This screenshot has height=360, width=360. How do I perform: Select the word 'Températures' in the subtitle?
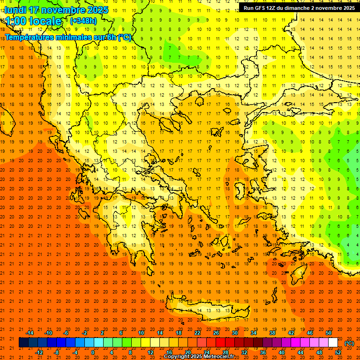29,37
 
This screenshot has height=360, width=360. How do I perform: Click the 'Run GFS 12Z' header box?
299,7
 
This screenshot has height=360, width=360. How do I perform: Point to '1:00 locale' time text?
34,21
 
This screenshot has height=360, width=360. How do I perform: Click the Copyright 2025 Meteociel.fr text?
199,357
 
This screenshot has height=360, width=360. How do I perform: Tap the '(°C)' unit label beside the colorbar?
349,343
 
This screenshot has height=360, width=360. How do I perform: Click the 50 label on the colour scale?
329,333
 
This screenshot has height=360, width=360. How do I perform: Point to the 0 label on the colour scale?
93,352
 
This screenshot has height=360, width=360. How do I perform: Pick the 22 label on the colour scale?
197,333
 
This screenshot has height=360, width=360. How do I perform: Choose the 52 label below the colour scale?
338,352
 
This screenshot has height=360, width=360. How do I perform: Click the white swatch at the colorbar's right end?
333,343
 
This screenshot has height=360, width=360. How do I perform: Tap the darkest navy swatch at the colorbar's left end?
23,343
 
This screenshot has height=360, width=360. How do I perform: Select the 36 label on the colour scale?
263,352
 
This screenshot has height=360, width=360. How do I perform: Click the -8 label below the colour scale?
57,352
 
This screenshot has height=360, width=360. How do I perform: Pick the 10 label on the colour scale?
141,333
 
